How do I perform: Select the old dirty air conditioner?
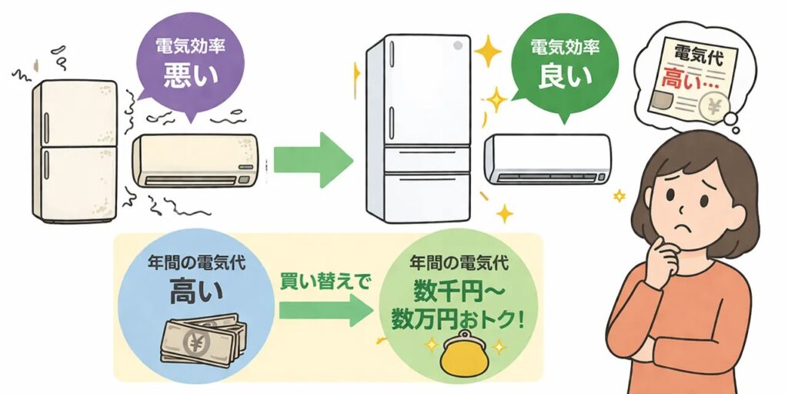(x=196, y=161)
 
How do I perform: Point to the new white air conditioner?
(x=548, y=159)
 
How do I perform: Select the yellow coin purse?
(x=460, y=356)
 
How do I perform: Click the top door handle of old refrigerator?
(x=45, y=124)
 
